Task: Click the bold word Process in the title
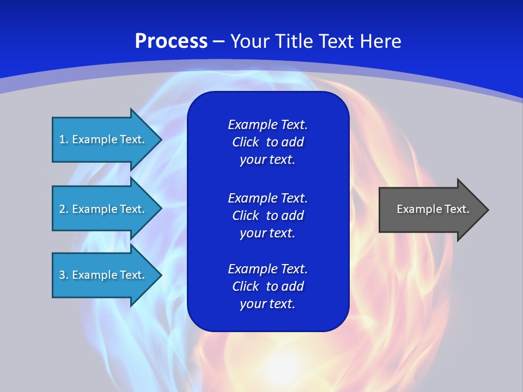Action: [x=171, y=41]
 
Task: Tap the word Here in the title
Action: [x=381, y=41]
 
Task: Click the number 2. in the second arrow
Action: [x=64, y=209]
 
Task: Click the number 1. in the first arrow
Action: [x=64, y=139]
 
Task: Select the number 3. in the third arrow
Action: [x=64, y=275]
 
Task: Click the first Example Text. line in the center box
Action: [x=267, y=125]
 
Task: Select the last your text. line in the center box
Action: [x=267, y=304]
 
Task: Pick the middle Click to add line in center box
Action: [x=267, y=216]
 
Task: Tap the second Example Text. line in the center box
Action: [x=267, y=198]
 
